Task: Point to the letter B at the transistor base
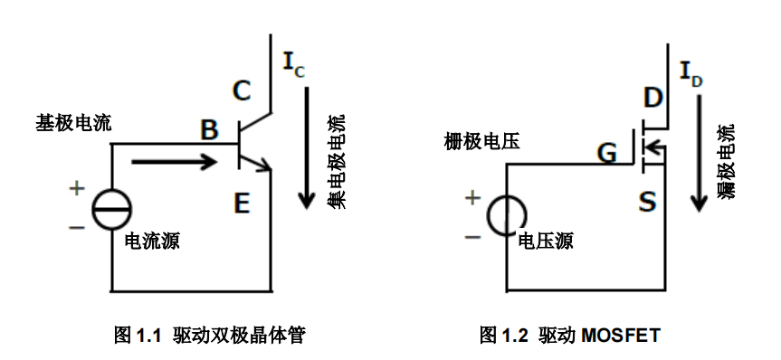pyautogui.click(x=209, y=132)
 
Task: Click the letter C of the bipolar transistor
pyautogui.click(x=241, y=91)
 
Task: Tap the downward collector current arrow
pyautogui.click(x=309, y=145)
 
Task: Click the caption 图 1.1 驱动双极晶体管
pyautogui.click(x=209, y=336)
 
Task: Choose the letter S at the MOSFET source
pyautogui.click(x=647, y=202)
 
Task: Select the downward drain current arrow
pyautogui.click(x=698, y=149)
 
